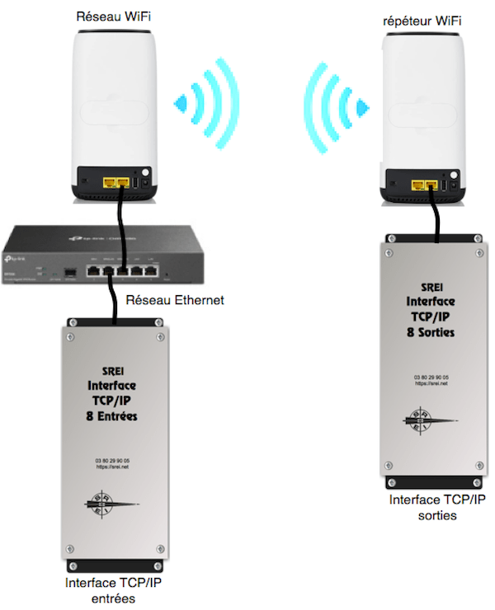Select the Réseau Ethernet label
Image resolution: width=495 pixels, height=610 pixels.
[173, 302]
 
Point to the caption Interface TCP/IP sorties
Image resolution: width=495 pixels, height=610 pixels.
[436, 507]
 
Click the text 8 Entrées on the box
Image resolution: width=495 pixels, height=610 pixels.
[115, 417]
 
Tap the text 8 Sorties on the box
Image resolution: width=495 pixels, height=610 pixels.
[431, 331]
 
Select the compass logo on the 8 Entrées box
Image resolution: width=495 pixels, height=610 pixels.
[112, 503]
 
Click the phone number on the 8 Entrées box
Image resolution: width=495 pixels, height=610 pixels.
[113, 459]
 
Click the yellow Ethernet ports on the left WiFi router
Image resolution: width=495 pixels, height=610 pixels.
[115, 179]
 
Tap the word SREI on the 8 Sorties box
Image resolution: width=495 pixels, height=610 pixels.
[431, 289]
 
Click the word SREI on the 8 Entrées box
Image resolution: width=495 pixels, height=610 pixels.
[114, 373]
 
